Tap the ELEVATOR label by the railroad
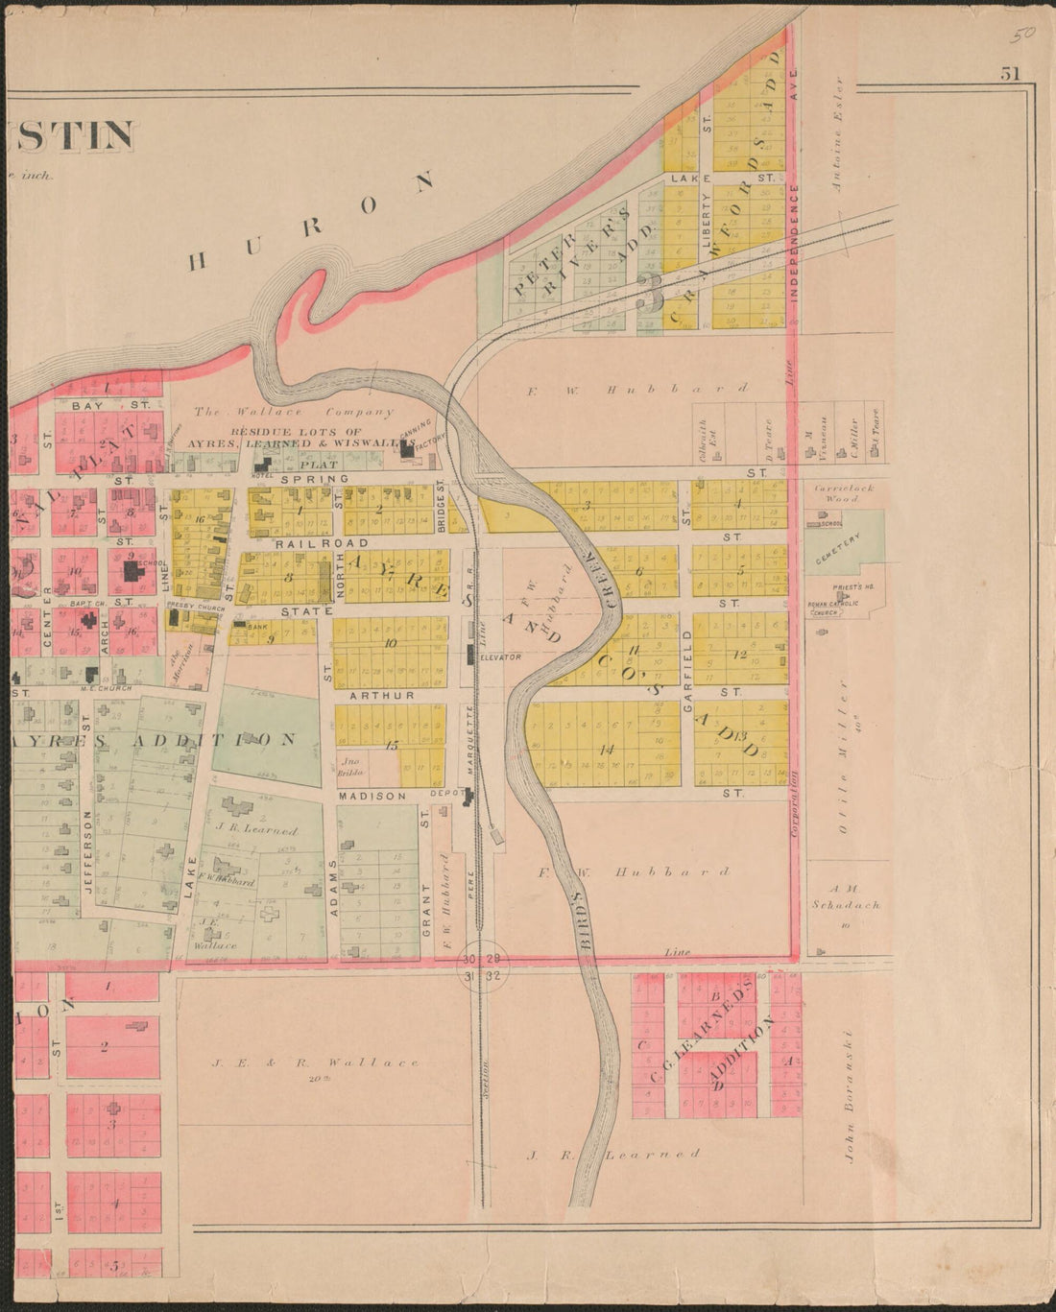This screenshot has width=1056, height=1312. (500, 657)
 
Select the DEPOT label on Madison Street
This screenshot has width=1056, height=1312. (444, 795)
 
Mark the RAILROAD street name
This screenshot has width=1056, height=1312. (302, 543)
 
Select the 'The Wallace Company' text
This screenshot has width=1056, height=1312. (294, 413)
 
